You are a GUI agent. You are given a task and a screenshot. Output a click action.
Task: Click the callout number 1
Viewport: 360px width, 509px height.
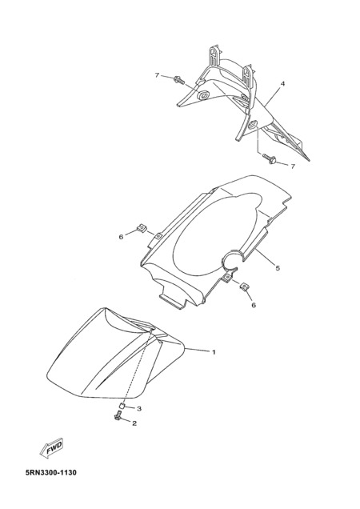[x=214, y=352]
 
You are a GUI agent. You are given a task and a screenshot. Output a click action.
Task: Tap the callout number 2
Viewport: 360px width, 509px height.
[x=134, y=423]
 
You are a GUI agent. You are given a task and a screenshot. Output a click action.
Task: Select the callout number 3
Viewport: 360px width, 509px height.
[x=139, y=408]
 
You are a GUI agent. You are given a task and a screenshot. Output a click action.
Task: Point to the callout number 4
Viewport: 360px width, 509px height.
[x=282, y=84]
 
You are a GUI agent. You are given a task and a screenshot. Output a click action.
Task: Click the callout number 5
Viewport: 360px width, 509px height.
[x=278, y=268]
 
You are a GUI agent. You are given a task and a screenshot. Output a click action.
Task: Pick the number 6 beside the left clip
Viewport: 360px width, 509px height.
[x=121, y=237]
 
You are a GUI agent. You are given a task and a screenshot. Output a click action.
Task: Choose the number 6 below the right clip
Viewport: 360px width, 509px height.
[x=254, y=305]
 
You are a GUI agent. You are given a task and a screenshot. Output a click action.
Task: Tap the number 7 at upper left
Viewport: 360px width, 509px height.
[x=157, y=75]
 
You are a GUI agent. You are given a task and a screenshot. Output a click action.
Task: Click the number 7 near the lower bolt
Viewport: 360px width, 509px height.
[x=293, y=166]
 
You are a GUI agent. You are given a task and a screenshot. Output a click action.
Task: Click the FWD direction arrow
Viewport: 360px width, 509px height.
[x=52, y=448]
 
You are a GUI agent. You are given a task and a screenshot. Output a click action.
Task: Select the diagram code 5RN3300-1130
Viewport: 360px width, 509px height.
[x=51, y=472]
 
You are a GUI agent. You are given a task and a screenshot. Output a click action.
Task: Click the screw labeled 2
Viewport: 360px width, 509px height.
[x=118, y=416]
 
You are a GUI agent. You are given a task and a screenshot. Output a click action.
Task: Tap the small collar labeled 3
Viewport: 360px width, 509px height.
[x=121, y=405]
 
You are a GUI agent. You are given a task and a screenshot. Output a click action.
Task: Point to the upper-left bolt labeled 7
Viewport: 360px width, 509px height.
[x=179, y=79]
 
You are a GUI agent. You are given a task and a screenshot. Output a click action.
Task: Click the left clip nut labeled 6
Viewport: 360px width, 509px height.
[x=141, y=228]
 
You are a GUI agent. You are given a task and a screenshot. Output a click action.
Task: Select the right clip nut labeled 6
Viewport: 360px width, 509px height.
[x=244, y=286]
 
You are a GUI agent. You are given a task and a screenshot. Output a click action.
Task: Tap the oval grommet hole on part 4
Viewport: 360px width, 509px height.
[x=203, y=94]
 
